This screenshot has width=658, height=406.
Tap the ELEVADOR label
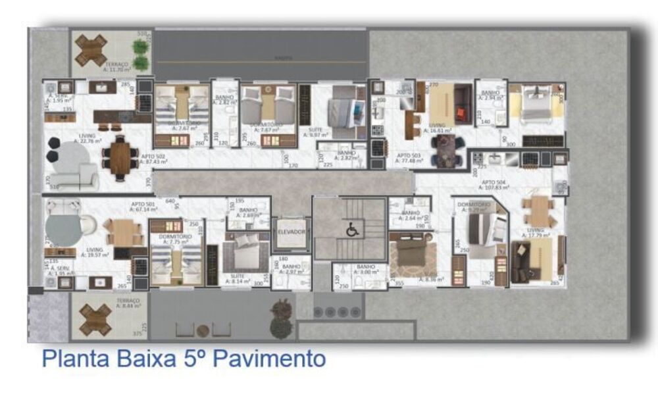(291, 232)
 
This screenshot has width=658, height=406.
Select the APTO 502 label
(153, 158)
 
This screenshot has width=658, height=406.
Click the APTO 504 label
(493, 184)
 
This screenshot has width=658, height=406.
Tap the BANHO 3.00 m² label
(366, 270)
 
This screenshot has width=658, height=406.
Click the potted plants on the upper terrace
(140, 47)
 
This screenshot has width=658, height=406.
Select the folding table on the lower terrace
(95, 319)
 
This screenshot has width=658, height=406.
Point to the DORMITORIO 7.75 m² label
(174, 239)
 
